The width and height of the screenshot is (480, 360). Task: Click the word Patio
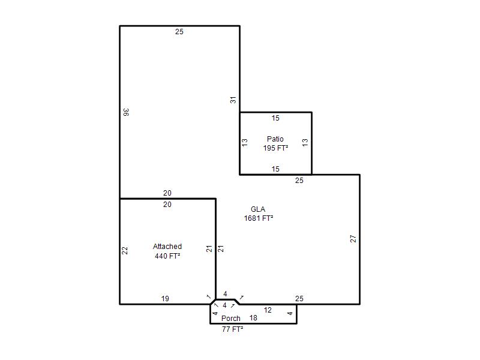tap(275, 139)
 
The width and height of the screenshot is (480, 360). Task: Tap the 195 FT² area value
tap(275, 148)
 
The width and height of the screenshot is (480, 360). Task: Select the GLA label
tap(258, 209)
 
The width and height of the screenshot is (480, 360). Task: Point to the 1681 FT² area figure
tap(259, 218)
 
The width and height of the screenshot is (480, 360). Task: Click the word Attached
tap(167, 247)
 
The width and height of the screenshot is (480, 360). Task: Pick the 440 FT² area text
tap(167, 256)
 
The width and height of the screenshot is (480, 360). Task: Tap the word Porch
tap(231, 319)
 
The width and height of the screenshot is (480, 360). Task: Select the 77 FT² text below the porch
tap(233, 329)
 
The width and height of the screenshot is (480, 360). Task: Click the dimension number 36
tap(126, 112)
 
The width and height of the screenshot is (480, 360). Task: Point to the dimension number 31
tap(233, 100)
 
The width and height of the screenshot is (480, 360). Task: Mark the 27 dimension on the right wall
tap(353, 239)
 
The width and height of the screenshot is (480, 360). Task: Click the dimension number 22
tap(125, 250)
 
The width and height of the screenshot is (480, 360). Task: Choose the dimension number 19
tap(165, 298)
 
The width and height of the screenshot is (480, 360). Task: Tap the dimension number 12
tap(268, 310)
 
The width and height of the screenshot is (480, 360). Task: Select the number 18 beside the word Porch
tap(253, 318)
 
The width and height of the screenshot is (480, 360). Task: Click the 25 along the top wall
tap(179, 32)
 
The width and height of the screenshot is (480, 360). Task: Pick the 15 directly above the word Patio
tap(275, 118)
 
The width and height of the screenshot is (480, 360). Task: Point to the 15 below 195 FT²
tap(275, 169)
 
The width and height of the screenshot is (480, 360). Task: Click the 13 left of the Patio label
tap(245, 142)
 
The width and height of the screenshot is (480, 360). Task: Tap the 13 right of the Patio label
tap(305, 142)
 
